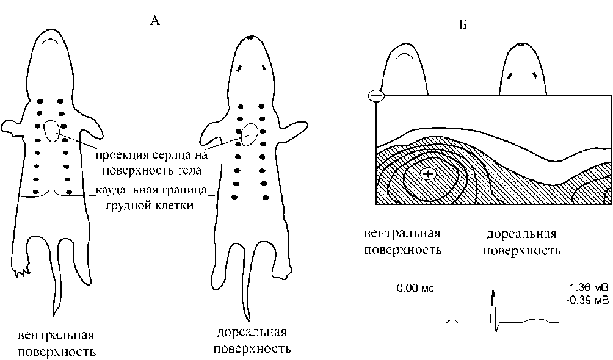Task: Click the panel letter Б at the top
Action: tap(462, 26)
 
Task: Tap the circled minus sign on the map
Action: tap(376, 96)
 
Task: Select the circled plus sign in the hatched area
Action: tap(428, 175)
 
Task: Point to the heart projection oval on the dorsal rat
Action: tap(248, 135)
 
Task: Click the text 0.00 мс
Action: tap(415, 287)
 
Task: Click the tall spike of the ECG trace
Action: tap(493, 299)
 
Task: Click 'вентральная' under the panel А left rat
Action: tap(56, 336)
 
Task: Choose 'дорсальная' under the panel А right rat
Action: tap(252, 333)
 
